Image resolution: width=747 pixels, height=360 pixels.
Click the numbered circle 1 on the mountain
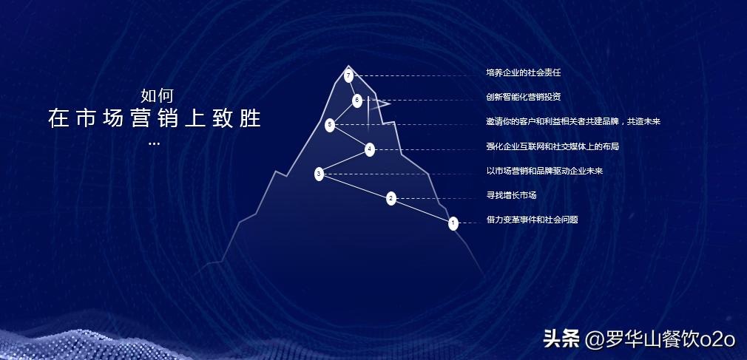[453, 223]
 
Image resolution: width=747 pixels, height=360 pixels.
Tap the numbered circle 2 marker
[391, 198]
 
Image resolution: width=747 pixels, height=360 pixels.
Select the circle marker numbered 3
[319, 174]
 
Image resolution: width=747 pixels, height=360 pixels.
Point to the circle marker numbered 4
[370, 149]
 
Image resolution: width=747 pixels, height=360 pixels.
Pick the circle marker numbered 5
[330, 125]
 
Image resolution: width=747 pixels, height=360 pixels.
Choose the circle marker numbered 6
[357, 100]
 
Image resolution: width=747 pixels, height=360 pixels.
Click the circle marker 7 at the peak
[348, 75]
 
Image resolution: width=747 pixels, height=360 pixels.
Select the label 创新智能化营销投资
[518, 97]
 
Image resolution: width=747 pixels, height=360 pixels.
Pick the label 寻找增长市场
[511, 195]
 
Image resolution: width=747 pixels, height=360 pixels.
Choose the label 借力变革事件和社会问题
[532, 220]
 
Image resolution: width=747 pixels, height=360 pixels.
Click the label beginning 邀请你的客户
[573, 121]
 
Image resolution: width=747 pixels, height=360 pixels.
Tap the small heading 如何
[156, 95]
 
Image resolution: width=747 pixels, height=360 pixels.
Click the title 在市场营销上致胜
[155, 119]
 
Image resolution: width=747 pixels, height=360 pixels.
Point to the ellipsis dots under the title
[154, 143]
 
